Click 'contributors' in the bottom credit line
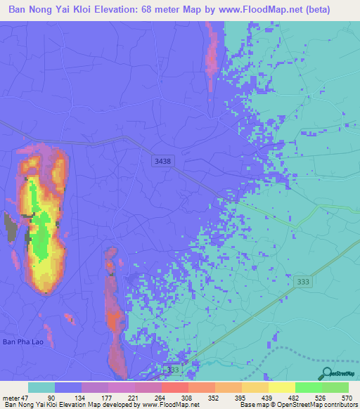pos(339,405)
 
